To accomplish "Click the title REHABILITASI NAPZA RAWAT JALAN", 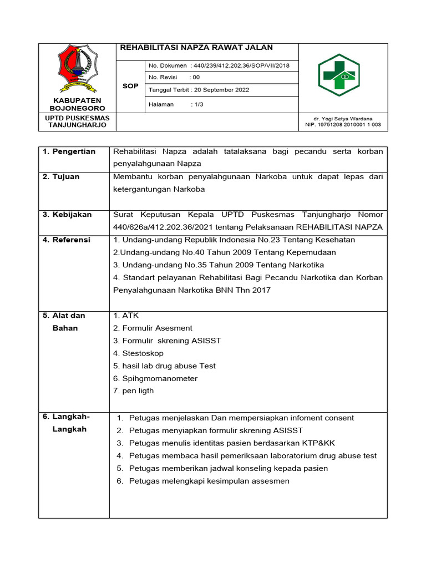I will pos(196,48).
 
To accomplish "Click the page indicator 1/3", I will pos(197,104).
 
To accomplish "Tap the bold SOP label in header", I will pos(130,86).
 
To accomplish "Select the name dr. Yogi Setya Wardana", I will pos(343,119).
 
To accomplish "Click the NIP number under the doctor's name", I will pos(343,125).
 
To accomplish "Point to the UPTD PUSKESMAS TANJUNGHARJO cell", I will pos(74,122).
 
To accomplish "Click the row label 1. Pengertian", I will pos(69,151).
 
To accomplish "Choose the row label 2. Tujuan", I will pos(62,177).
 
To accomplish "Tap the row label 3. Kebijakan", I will pos(67,215).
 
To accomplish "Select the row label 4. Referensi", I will pos(67,240).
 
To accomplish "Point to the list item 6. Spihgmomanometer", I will pos(155,378).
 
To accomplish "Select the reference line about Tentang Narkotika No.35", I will pos(219,265).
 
